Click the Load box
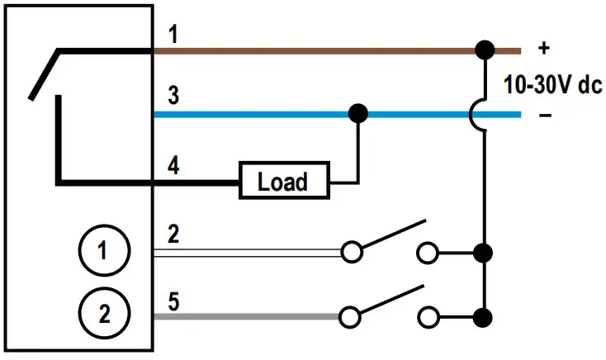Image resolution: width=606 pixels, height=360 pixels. pos(283,181)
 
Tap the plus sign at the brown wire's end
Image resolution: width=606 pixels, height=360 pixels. pos(543,48)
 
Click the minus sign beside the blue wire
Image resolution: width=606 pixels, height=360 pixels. pos(544,115)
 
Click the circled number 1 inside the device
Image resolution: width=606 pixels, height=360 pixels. pos(103,251)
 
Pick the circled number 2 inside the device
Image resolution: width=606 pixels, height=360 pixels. pos(103,314)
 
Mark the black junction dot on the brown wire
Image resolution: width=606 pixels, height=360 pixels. pos(485,50)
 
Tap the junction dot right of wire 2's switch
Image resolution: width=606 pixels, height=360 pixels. pos(485,251)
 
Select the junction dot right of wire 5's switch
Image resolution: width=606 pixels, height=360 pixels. pos(485,315)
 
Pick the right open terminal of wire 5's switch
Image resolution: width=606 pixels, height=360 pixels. pos(428,315)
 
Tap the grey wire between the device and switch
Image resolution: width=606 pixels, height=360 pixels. pos(248,315)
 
